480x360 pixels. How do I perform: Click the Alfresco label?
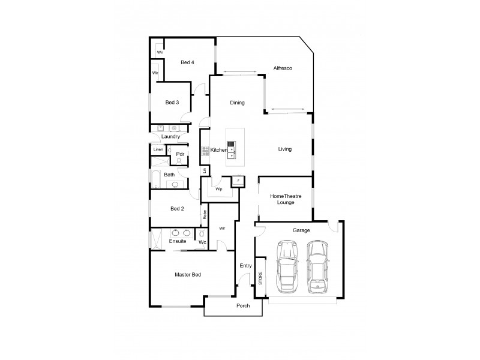click(282, 68)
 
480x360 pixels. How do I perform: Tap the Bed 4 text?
click(187, 62)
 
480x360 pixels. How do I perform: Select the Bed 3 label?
click(172, 103)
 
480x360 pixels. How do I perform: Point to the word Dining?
click(237, 103)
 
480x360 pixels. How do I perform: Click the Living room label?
click(284, 149)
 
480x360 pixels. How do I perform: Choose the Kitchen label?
click(218, 149)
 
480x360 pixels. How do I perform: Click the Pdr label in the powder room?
click(179, 154)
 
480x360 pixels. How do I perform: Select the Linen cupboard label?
click(158, 149)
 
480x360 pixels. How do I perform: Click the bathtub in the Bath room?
click(154, 178)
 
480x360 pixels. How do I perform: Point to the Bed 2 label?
click(176, 209)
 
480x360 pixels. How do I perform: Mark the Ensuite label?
click(178, 241)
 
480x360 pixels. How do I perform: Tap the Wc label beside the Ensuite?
click(202, 242)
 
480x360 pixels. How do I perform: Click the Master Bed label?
click(187, 275)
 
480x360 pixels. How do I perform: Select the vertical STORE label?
click(260, 278)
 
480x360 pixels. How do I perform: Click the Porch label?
click(242, 306)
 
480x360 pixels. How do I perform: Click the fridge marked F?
click(238, 181)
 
